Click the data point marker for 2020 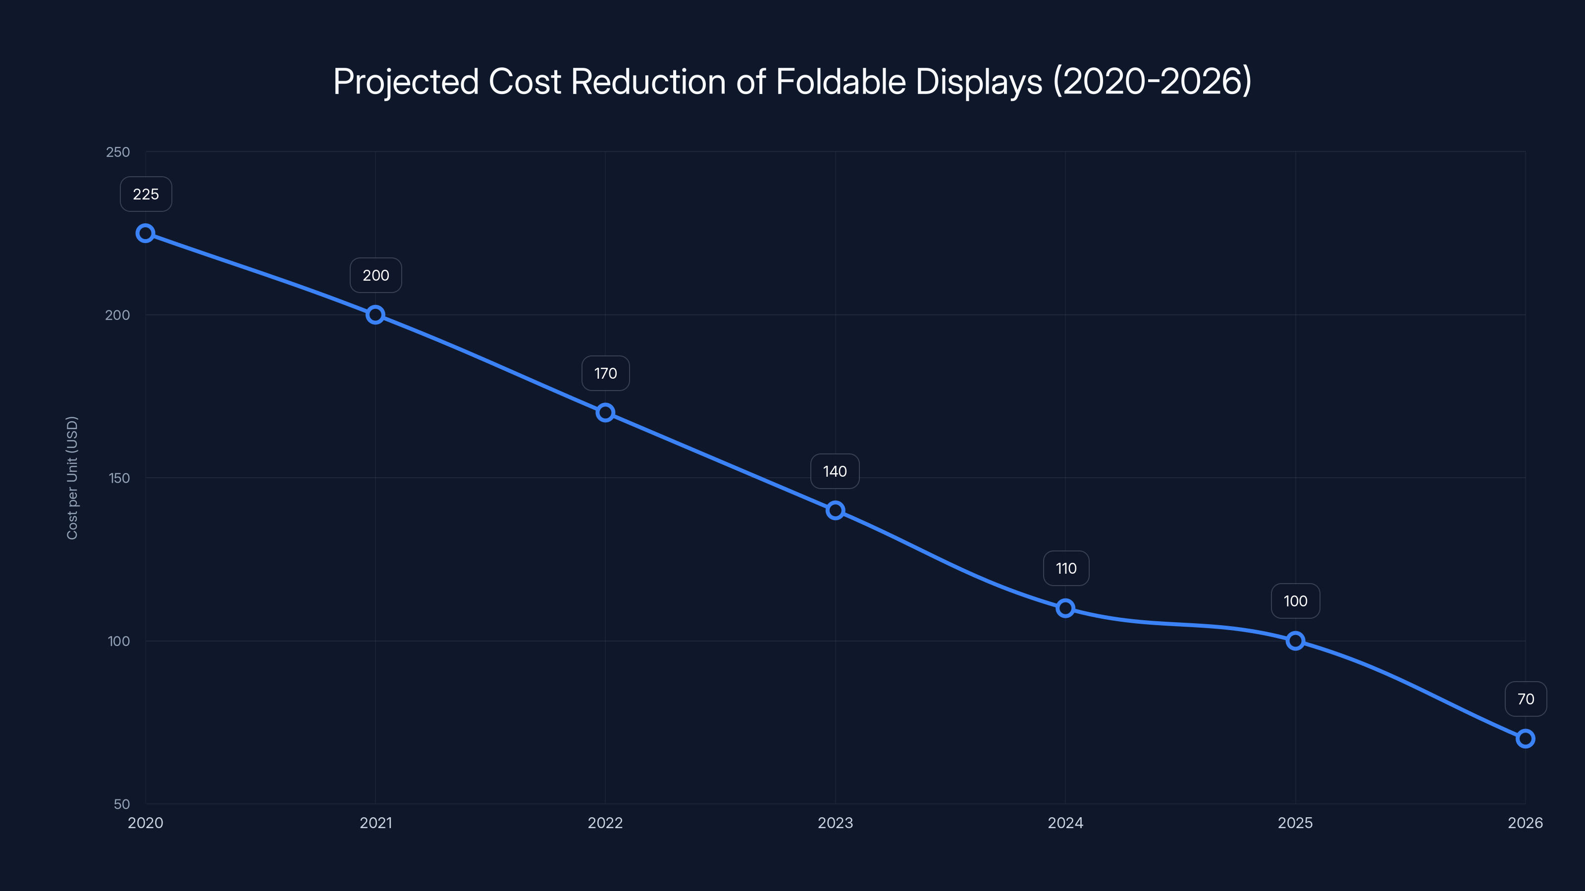click(145, 233)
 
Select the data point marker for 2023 click(835, 510)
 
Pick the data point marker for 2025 click(1295, 641)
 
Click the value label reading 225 click(146, 195)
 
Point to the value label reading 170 click(605, 373)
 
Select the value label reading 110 click(1066, 568)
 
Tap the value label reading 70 click(1526, 699)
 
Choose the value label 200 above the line click(375, 276)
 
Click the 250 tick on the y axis click(118, 152)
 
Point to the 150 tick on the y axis click(119, 478)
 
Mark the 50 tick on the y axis click(122, 804)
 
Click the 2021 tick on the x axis click(375, 823)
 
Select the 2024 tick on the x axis click(1065, 823)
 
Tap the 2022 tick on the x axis click(605, 823)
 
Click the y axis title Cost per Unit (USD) click(72, 478)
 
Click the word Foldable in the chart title click(840, 82)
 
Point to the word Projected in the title click(406, 82)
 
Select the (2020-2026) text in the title click(1152, 82)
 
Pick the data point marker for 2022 click(605, 413)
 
